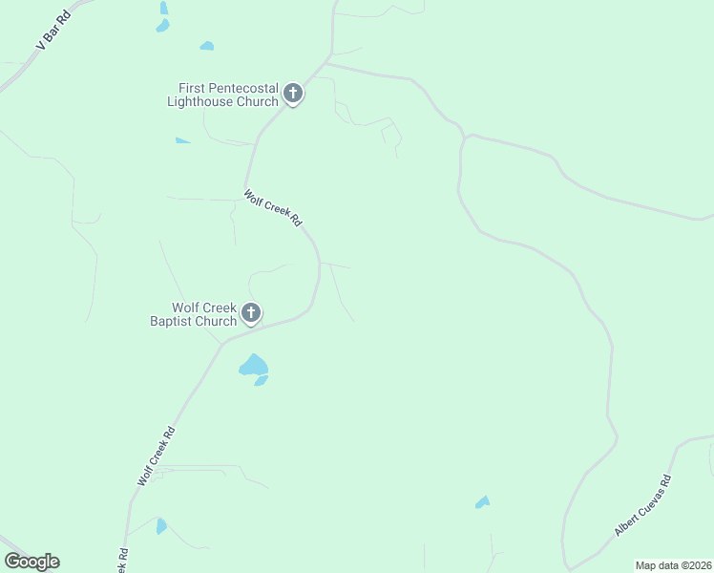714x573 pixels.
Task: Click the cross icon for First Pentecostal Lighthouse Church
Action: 293,94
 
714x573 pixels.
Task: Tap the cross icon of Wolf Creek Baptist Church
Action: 251,312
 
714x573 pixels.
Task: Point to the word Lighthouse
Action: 200,101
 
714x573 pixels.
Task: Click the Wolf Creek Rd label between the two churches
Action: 273,208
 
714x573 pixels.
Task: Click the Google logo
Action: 31,562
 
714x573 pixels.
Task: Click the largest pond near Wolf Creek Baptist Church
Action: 253,365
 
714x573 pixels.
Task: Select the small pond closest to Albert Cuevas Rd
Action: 483,501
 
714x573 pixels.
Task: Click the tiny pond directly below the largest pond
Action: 261,381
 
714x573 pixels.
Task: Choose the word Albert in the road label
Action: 628,520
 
